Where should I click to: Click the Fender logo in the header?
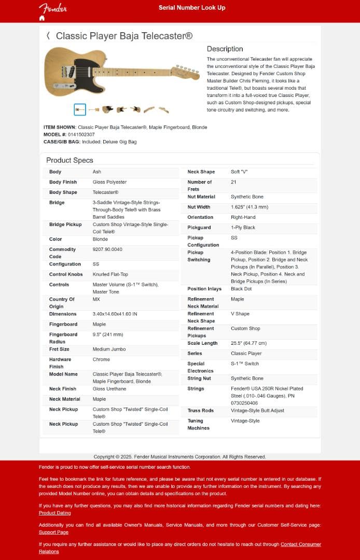tap(52, 8)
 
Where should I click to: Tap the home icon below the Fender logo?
tap(42, 18)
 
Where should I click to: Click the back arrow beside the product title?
tap(48, 35)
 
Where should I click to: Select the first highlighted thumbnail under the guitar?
tap(80, 109)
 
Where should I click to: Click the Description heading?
tap(225, 49)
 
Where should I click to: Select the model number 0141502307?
tap(81, 134)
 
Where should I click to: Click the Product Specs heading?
tap(70, 160)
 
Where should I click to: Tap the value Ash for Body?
tap(97, 172)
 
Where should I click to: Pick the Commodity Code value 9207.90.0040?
tap(107, 249)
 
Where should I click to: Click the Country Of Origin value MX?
tap(96, 299)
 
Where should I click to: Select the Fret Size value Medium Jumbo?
tap(108, 349)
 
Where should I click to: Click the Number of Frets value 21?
tap(233, 182)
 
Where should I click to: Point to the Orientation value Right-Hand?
tap(243, 217)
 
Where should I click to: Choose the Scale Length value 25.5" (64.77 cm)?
tap(248, 343)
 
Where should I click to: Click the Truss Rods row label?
tap(200, 411)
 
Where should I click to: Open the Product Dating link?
tap(54, 513)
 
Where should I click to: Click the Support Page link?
tap(53, 532)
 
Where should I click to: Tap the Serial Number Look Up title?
tap(192, 8)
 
